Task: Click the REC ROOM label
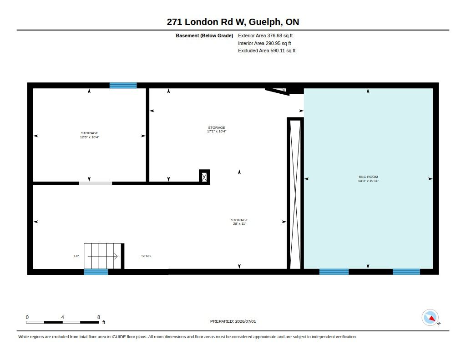tap(368, 177)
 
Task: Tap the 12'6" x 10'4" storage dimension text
tap(90, 137)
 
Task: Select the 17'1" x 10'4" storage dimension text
tap(217, 131)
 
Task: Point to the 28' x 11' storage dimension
tap(239, 224)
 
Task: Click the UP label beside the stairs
tap(76, 256)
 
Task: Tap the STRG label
tap(146, 256)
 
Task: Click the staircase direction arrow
tap(102, 256)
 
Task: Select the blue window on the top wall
tap(123, 86)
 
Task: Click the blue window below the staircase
tap(96, 272)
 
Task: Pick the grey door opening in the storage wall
tap(96, 183)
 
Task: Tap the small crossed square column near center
tap(204, 177)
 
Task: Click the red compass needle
tap(432, 319)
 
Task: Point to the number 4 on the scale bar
tap(62, 317)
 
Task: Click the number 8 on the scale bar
tap(99, 317)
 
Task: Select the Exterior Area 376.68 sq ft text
tap(265, 35)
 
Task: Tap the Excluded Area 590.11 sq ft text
tap(267, 51)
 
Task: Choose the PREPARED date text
tap(233, 321)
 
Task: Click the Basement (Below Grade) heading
tap(204, 35)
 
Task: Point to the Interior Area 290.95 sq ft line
tap(264, 43)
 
